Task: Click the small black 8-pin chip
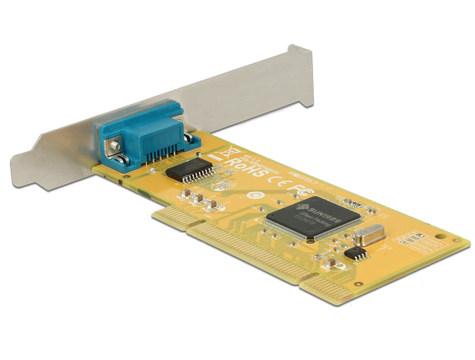(356, 253)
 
